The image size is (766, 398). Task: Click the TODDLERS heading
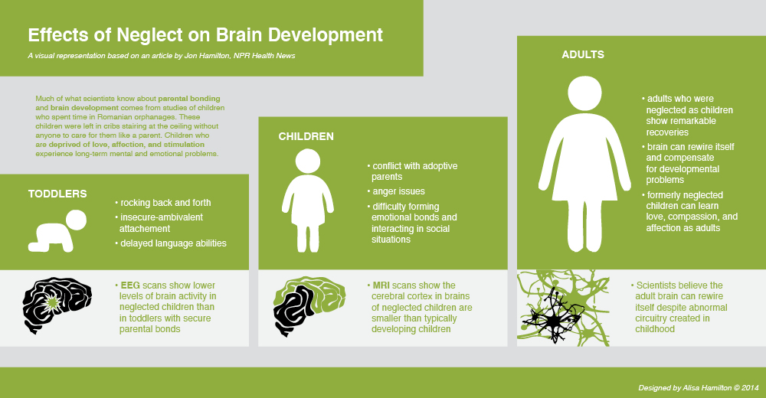[57, 194]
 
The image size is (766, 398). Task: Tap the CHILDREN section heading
[306, 137]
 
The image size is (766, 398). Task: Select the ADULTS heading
[583, 54]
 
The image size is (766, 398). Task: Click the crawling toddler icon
[57, 231]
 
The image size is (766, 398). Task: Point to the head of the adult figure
[584, 93]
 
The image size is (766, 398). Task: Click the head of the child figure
[308, 161]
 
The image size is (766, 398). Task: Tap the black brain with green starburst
[57, 305]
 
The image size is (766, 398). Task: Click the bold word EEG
[130, 285]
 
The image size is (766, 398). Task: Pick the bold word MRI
[381, 285]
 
